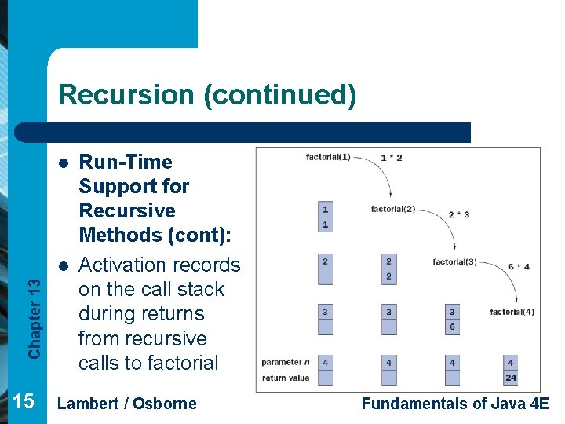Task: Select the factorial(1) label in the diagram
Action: pyautogui.click(x=328, y=157)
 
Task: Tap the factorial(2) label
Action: pyautogui.click(x=393, y=209)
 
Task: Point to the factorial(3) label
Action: pyautogui.click(x=454, y=261)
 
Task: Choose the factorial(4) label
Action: pyautogui.click(x=512, y=312)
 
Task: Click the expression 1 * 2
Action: pyautogui.click(x=391, y=158)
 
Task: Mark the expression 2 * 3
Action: pyautogui.click(x=458, y=214)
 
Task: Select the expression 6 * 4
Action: pyautogui.click(x=518, y=266)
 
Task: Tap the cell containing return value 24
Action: pyautogui.click(x=511, y=378)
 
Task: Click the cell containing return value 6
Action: pyautogui.click(x=452, y=327)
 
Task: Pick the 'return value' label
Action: pyautogui.click(x=286, y=378)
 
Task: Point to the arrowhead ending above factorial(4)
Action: pyautogui.click(x=515, y=301)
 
